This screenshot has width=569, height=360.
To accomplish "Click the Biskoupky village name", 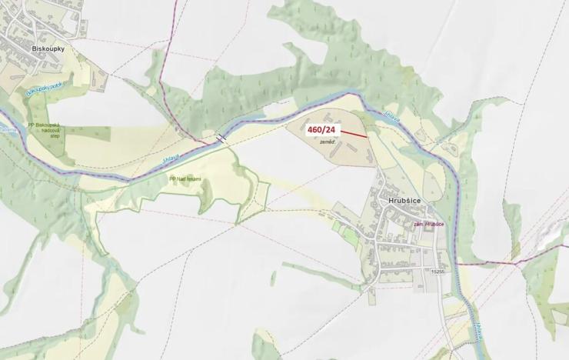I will click(x=48, y=48).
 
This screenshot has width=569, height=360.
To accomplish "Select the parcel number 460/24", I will click(x=323, y=130).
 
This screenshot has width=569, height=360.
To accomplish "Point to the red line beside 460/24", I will click(x=353, y=133).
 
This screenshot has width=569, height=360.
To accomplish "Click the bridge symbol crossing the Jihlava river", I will click(x=221, y=138).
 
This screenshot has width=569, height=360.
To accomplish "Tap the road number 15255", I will click(x=438, y=271).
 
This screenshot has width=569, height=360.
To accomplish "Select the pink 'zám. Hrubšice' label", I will click(x=430, y=224).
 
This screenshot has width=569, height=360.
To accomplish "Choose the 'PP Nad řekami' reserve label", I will click(x=185, y=178).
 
